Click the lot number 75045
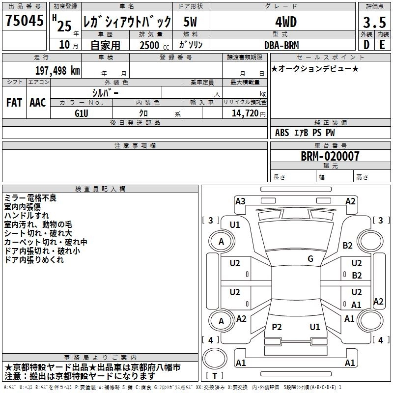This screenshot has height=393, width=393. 25,22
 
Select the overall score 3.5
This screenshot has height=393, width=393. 374,23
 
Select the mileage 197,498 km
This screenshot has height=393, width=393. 58,70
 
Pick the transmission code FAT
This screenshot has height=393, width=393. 14,103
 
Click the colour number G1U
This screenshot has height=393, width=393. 81,113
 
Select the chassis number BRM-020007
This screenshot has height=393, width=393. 330,157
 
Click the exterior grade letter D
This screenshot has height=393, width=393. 366,45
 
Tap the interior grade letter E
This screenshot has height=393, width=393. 382,45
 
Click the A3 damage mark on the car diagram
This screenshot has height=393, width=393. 240,201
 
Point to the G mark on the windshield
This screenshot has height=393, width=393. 310,258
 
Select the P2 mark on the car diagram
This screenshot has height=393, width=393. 277,327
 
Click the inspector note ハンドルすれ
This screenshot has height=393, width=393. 27,216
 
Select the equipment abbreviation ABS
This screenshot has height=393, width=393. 282,133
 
